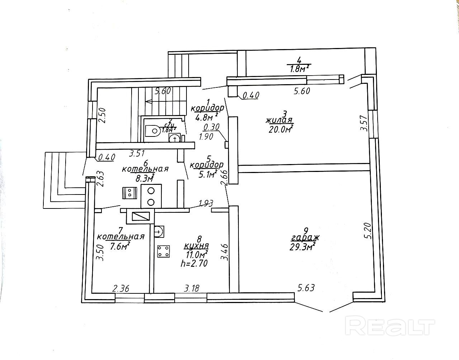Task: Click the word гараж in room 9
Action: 305,238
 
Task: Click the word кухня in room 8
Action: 196,246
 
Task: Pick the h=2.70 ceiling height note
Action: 194,264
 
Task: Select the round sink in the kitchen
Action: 158,231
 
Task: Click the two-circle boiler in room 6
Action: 151,196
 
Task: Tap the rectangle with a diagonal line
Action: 141,216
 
